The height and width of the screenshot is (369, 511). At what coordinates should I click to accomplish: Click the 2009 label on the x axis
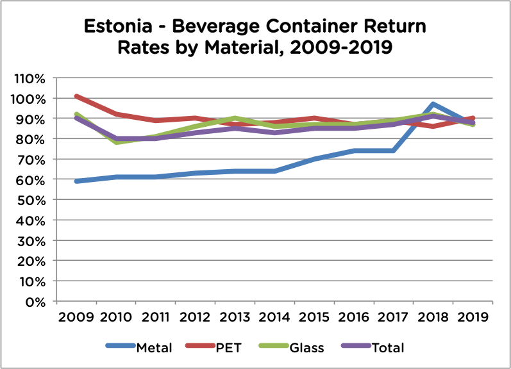[x=76, y=317]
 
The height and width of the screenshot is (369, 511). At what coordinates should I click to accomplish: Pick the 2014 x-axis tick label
[x=274, y=317]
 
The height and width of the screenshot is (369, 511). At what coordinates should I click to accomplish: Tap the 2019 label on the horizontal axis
[x=471, y=317]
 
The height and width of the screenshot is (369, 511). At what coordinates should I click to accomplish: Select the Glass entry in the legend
[x=306, y=348]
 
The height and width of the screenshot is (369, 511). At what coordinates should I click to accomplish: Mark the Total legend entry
[x=388, y=348]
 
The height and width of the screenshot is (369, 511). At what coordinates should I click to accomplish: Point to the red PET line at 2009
[x=77, y=97]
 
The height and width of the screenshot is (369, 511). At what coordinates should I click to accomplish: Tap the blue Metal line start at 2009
[x=77, y=181]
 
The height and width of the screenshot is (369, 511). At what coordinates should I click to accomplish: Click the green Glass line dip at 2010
[x=117, y=142]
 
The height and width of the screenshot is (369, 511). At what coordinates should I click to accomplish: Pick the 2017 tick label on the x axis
[x=393, y=317]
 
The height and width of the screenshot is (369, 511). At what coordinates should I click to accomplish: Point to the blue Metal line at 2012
[x=196, y=173]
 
